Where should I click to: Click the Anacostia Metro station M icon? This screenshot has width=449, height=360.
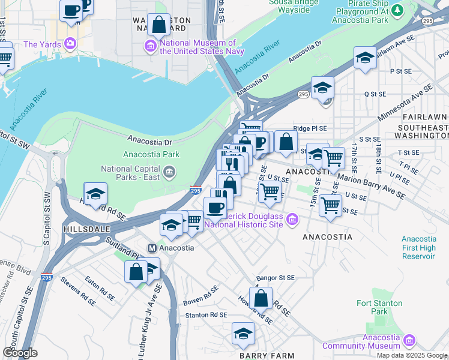[152, 248]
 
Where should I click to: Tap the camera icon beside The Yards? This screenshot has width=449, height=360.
[71, 44]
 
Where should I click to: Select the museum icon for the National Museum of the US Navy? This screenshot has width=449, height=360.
[150, 46]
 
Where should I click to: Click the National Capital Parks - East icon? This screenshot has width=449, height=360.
[169, 173]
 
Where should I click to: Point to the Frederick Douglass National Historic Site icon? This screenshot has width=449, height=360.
[292, 220]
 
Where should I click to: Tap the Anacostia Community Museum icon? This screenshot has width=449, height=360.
[409, 340]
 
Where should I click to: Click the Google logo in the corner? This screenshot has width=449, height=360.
[20, 353]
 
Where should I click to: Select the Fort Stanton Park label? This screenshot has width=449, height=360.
[372, 307]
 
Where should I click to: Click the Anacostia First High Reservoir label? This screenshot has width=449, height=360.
[418, 248]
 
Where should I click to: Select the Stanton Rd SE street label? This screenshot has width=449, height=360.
[206, 314]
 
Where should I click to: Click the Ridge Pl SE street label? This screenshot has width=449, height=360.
[310, 128]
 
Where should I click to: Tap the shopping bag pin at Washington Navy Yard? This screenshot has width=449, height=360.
[158, 26]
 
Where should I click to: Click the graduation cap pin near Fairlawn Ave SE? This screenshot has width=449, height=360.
[364, 58]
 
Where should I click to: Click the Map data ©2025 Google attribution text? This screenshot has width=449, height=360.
[412, 355]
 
